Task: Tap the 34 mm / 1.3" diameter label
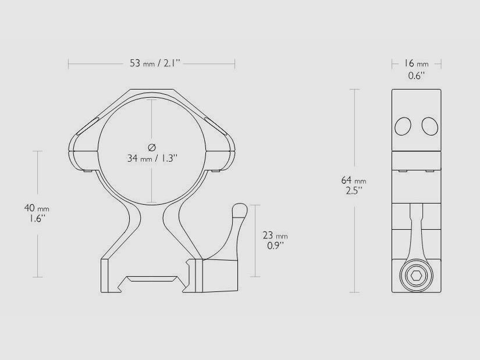151,158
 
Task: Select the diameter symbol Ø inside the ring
151,146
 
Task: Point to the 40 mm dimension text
37,208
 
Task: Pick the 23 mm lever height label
275,236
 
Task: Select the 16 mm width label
416,63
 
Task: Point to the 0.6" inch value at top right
416,75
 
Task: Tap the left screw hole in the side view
403,126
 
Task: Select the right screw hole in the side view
429,126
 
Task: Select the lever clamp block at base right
219,276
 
